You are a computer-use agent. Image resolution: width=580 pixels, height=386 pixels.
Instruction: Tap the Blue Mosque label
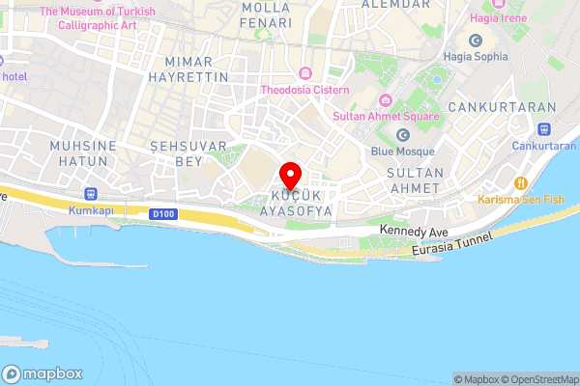pyautogui.click(x=403, y=152)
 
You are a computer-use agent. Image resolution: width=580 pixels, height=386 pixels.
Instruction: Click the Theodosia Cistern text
pyautogui.click(x=304, y=91)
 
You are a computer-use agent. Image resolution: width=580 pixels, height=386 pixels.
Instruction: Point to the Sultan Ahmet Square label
pyautogui.click(x=386, y=117)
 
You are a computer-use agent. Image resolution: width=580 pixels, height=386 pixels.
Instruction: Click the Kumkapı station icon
pyautogui.click(x=92, y=191)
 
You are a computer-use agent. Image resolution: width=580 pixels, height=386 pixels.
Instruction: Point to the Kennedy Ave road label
pyautogui.click(x=415, y=232)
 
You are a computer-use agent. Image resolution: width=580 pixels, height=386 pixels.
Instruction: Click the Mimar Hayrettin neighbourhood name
pyautogui.click(x=190, y=67)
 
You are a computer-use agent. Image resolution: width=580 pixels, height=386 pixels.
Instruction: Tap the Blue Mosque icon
pyautogui.click(x=403, y=134)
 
